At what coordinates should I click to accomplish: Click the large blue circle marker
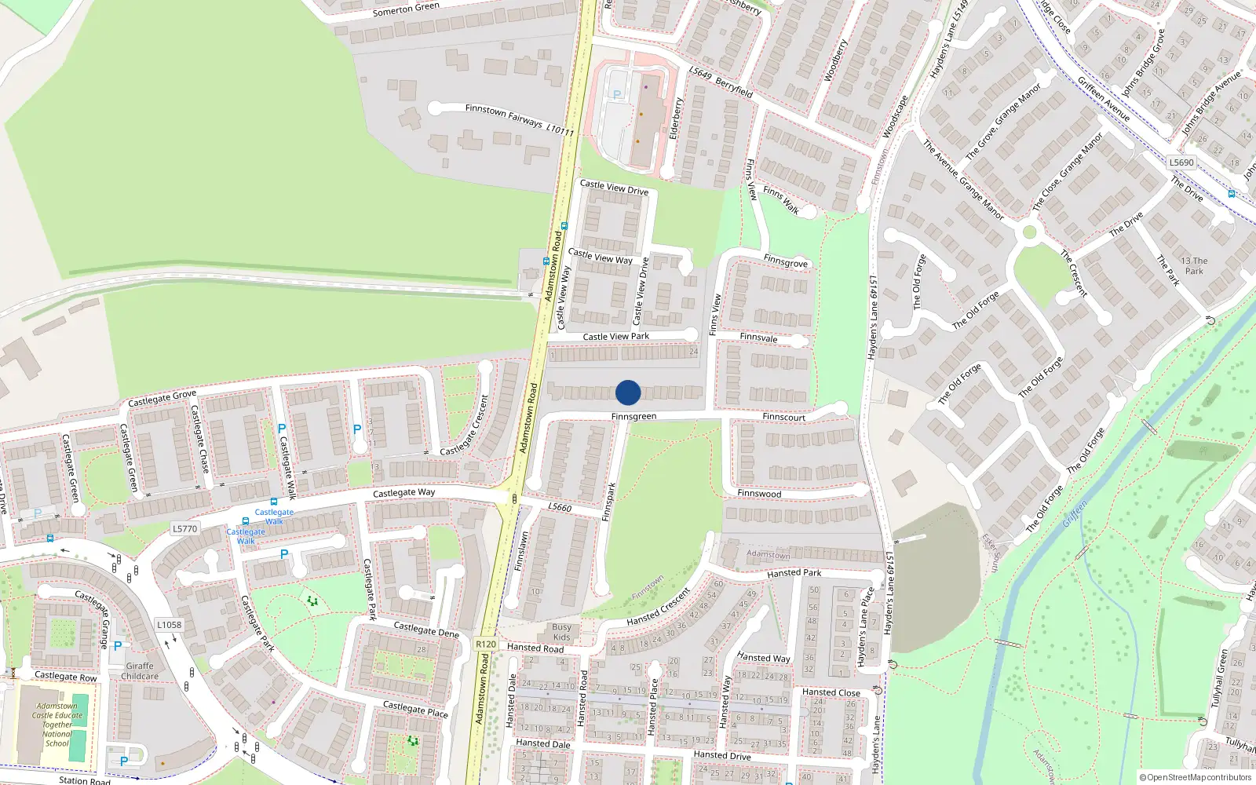[628, 392]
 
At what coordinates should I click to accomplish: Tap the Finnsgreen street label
[633, 416]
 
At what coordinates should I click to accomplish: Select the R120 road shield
[486, 644]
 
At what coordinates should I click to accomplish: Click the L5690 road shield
[1181, 162]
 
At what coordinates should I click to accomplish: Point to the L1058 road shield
[169, 625]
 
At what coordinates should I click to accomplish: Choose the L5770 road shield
[185, 529]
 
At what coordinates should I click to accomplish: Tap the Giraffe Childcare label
[140, 671]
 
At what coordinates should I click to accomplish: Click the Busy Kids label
[561, 632]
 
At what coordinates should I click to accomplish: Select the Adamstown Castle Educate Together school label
[57, 725]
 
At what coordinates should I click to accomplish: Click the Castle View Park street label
[615, 337]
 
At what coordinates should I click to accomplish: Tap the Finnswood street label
[759, 494]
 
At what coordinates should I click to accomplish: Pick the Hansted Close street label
[831, 692]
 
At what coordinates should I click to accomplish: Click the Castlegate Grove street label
[162, 399]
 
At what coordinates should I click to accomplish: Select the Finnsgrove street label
[785, 261]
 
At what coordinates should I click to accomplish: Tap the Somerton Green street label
[406, 9]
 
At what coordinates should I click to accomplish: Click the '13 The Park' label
[1194, 266]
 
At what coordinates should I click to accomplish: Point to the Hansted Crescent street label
[658, 607]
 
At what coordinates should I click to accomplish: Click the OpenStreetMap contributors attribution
[1196, 778]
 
